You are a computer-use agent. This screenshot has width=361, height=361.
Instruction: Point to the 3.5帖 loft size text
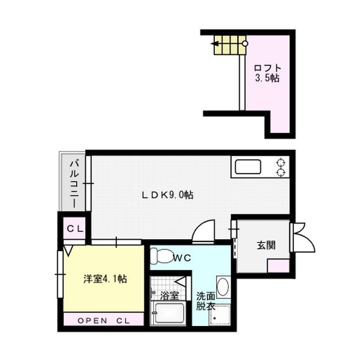coord(266,78)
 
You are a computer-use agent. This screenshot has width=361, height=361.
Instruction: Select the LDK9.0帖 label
coord(168,195)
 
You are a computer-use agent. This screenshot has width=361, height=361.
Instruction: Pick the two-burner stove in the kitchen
coord(280,168)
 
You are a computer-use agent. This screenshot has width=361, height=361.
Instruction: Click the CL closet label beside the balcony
coord(75,228)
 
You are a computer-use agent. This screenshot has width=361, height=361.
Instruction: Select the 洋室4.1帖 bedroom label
coord(105,278)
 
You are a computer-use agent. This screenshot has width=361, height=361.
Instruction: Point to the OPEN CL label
coord(103,320)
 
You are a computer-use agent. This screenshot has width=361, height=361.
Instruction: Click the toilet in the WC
coord(161,257)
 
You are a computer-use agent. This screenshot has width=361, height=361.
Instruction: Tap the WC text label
coord(182,258)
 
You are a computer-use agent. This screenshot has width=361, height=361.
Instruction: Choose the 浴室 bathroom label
coord(169,295)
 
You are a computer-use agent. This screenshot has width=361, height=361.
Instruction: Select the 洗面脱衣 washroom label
coord(205,301)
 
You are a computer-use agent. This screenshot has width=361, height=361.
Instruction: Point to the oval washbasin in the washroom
coord(223,287)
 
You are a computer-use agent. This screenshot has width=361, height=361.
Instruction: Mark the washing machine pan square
coord(221,316)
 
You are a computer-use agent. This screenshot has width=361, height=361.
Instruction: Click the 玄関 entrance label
coord(266,245)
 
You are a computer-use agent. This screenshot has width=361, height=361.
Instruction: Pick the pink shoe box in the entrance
coord(278,265)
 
